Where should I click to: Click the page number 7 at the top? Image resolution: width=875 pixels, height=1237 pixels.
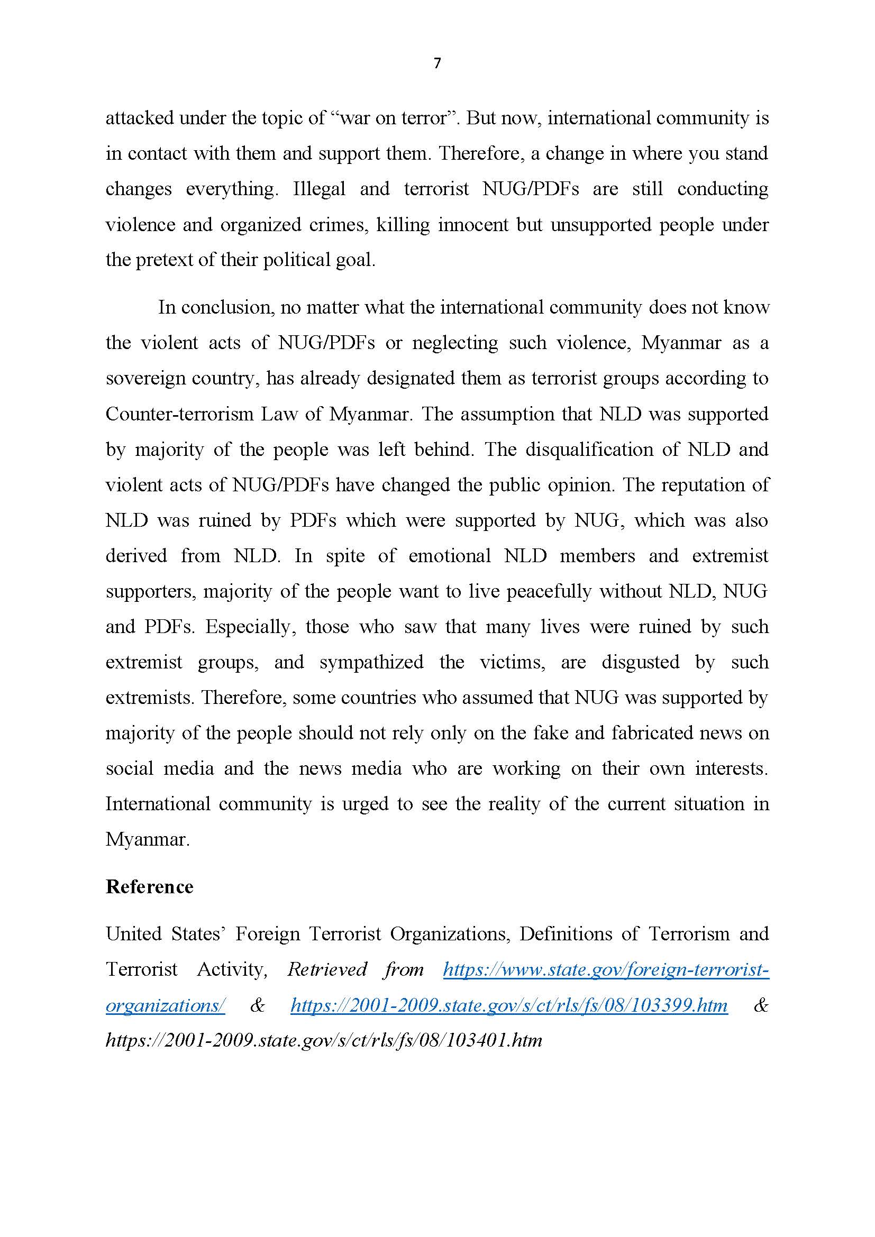click(437, 63)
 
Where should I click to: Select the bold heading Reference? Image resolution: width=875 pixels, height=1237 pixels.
click(149, 886)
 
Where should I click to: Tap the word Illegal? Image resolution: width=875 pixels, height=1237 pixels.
click(319, 189)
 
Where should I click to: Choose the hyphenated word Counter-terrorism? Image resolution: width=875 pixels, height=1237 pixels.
click(179, 414)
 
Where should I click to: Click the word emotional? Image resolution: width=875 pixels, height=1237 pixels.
click(449, 555)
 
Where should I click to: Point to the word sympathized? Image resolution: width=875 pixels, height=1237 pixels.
click(371, 662)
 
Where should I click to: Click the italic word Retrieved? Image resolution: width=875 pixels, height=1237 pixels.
click(327, 970)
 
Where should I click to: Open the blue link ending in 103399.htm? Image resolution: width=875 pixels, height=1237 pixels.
click(508, 1005)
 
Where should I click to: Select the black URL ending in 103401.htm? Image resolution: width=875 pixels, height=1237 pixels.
click(323, 1040)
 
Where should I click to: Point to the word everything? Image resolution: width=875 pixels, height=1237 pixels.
click(232, 189)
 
